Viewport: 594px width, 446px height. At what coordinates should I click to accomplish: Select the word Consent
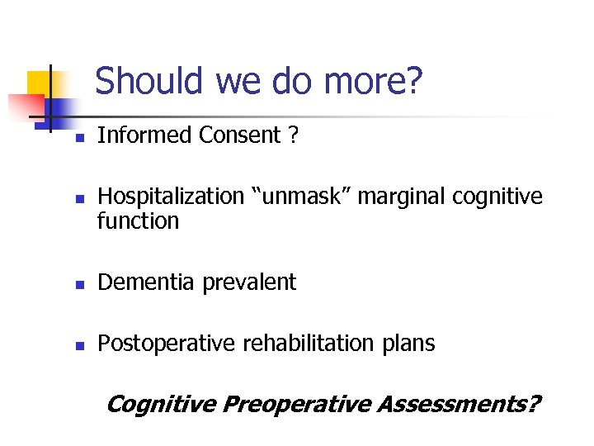(x=240, y=135)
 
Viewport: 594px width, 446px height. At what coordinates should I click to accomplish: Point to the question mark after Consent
(x=294, y=135)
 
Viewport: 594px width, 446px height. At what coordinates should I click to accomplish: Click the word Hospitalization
(x=167, y=197)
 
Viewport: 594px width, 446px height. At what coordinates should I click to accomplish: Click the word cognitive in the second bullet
(x=495, y=197)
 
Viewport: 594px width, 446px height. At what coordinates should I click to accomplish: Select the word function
(x=138, y=221)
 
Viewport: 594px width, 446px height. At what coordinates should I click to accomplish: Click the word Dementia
(x=144, y=282)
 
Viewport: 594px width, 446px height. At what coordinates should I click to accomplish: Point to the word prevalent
(x=247, y=282)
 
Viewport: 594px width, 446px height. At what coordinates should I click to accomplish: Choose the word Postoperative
(x=166, y=344)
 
